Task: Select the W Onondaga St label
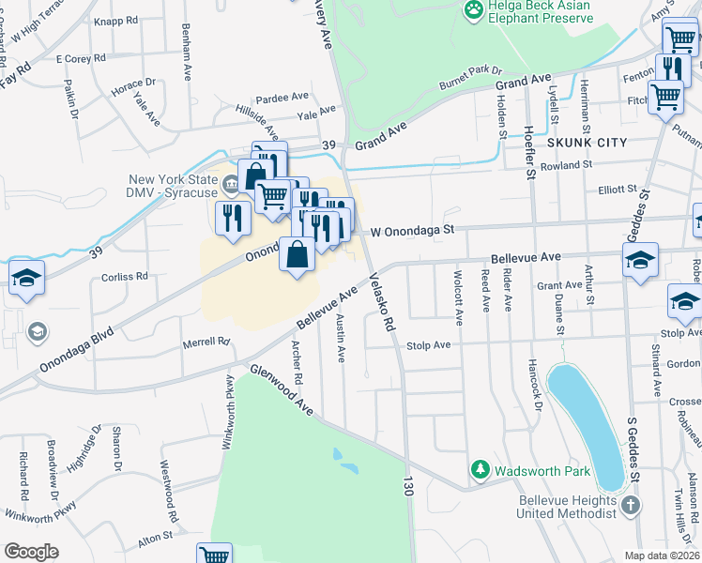pos(412,229)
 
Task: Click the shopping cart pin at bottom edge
pos(215,555)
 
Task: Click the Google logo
pos(31,552)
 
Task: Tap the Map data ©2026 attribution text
pos(662,555)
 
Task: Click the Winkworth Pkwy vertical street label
pos(227,413)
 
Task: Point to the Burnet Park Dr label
pos(472,78)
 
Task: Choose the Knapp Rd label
pos(116,19)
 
